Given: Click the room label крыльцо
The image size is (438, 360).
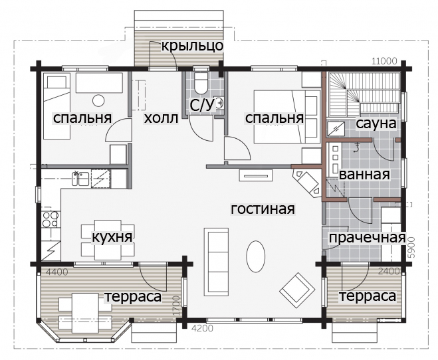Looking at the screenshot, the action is [193, 45].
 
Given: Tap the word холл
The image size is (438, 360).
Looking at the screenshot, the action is [161, 118].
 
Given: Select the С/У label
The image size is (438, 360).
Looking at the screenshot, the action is [201, 105].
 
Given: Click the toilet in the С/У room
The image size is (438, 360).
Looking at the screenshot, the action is [201, 83].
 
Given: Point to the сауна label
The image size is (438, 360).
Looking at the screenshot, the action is [376, 124].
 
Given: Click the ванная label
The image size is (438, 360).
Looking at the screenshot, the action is [364, 175].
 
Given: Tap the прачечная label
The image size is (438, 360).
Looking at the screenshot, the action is [367, 238].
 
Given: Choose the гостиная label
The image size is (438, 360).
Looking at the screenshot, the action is [263, 209].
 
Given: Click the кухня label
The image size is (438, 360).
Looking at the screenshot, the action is [112, 238].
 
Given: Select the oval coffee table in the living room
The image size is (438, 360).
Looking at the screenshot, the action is [256, 256].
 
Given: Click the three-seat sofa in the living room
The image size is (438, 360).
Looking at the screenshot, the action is [217, 262].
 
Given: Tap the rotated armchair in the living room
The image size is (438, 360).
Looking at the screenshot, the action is [298, 290].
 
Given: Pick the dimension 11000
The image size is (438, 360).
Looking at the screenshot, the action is [384, 61].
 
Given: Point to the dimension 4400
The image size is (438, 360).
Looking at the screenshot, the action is [56, 272].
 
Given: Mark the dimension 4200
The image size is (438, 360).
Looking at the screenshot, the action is [202, 328].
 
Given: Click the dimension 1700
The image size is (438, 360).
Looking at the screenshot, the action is [176, 306].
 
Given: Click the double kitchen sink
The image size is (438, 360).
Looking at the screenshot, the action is [80, 179].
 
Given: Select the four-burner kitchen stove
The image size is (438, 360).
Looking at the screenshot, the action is [51, 219].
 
